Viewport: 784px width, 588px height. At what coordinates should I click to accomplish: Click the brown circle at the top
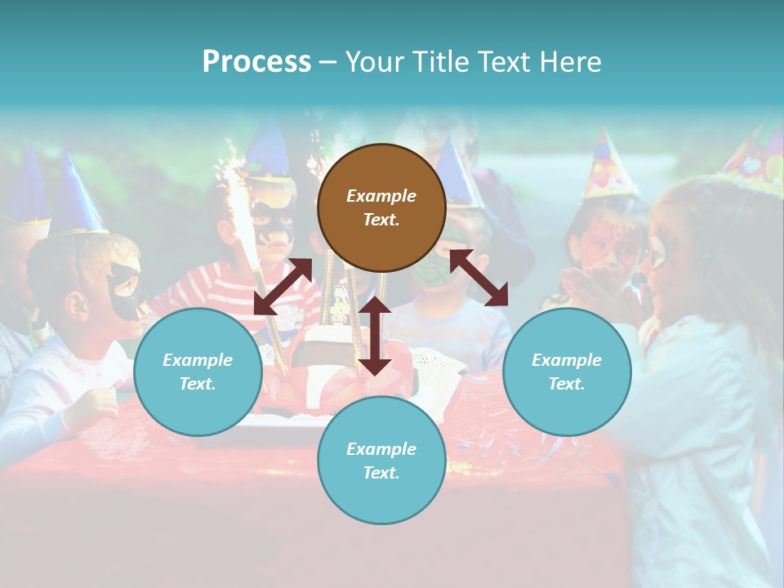(381, 207)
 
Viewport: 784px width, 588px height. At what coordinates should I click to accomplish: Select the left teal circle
(198, 372)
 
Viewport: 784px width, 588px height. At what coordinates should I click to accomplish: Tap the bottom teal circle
(381, 461)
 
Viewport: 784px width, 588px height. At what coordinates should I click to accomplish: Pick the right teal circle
(567, 372)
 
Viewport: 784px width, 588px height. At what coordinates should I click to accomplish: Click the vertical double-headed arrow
(375, 336)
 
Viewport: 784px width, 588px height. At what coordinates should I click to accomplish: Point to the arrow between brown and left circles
(283, 287)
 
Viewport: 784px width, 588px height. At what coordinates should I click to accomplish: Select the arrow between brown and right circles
(479, 278)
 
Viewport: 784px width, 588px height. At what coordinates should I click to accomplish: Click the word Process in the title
(256, 61)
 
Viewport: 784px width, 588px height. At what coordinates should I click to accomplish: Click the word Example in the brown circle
(381, 196)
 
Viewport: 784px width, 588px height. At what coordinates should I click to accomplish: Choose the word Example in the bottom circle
(381, 448)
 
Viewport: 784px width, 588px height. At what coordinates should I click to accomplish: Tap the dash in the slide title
(328, 62)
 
